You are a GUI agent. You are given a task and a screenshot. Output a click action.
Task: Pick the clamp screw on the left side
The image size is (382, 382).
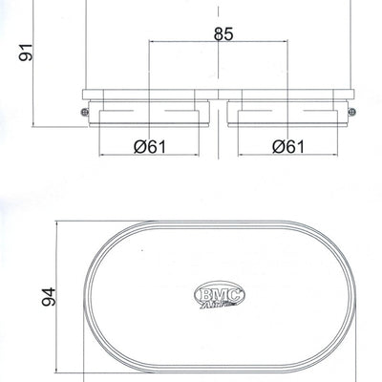pos(86,112)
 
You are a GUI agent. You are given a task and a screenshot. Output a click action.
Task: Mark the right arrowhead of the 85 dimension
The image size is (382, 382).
pos(286,43)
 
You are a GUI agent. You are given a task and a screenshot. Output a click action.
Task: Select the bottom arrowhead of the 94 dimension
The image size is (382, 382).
pos(56,372)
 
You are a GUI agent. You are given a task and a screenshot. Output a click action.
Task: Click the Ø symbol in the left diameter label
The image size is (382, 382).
pos(138,147)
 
